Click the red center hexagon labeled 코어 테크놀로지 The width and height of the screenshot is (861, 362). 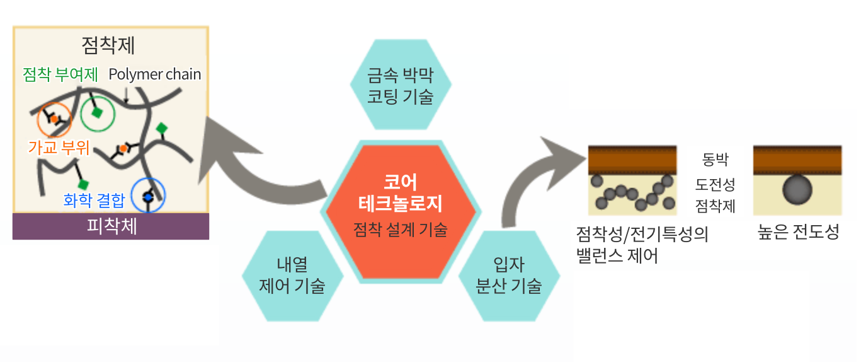tap(401, 211)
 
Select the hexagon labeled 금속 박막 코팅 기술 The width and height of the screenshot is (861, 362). tap(401, 85)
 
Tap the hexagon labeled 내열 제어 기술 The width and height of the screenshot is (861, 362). tap(292, 276)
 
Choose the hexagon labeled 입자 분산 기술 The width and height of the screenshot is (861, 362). tap(510, 276)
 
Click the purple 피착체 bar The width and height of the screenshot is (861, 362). tap(111, 226)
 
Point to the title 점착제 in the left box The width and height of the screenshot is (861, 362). tap(108, 45)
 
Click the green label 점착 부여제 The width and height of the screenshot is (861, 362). tap(60, 74)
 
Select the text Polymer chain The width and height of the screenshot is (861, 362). tap(154, 74)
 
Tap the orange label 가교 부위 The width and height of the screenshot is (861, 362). tap(59, 148)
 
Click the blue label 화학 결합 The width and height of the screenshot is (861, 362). tap(94, 200)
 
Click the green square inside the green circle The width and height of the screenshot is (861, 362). tap(97, 113)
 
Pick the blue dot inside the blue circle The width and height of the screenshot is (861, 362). tap(149, 197)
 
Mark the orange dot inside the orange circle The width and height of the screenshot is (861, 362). tap(54, 119)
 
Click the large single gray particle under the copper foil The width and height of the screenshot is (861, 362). tap(797, 189)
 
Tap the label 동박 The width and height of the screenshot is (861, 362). tap(716, 159)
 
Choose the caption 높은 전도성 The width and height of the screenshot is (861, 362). tap(799, 231)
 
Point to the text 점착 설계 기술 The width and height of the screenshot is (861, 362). tap(401, 230)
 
